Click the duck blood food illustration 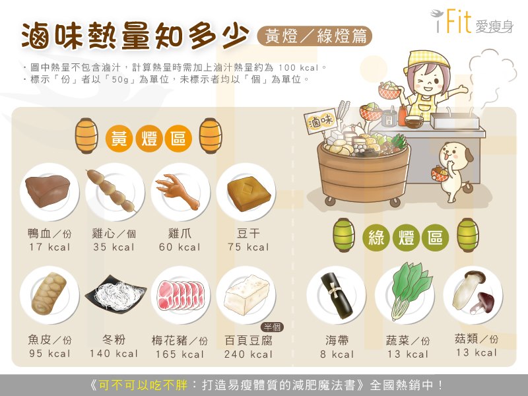[47, 191]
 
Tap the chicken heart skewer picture [111, 191]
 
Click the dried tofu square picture [249, 193]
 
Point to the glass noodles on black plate [115, 292]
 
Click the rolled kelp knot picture [336, 296]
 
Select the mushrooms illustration [471, 292]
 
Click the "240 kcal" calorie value [248, 354]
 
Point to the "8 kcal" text [337, 354]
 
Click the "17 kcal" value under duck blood [49, 247]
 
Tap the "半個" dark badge [272, 327]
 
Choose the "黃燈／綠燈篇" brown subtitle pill [315, 36]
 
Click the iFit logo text [472, 22]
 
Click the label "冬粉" [114, 339]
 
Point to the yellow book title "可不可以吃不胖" [143, 385]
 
